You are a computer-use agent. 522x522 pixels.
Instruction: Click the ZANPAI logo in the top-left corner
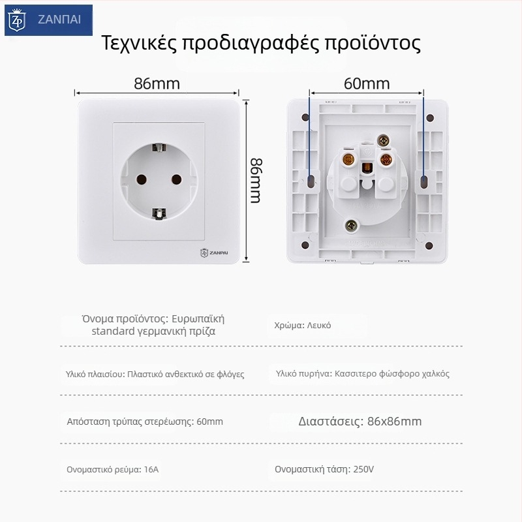click(47, 20)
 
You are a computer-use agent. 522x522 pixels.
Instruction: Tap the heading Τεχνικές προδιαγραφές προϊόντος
click(261, 43)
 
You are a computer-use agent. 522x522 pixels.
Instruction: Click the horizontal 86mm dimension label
click(157, 84)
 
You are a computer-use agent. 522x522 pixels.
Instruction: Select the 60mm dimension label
click(366, 84)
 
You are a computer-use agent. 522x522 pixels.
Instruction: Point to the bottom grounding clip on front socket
click(157, 213)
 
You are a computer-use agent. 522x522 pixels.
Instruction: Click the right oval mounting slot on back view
click(425, 179)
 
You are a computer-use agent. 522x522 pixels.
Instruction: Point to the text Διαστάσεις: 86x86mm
click(360, 421)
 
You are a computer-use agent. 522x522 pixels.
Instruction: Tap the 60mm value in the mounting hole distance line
click(209, 422)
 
